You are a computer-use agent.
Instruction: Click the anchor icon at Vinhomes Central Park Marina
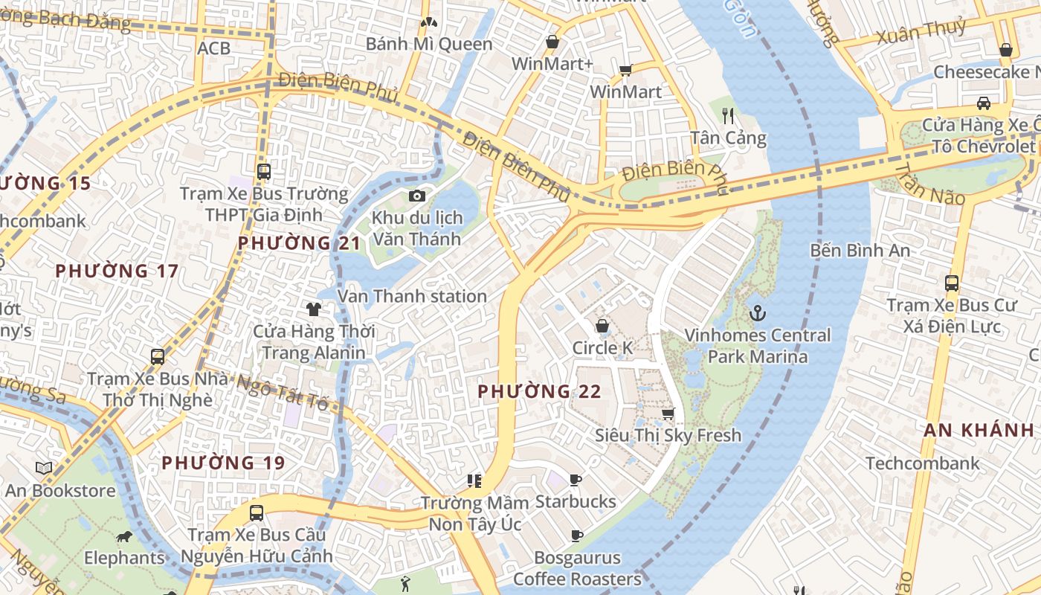coord(758,313)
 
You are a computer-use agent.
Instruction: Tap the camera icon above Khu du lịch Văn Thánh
coord(417,196)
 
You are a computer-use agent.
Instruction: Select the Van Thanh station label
coord(412,296)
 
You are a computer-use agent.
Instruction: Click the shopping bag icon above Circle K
coord(602,326)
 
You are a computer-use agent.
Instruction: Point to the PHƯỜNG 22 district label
coord(539,391)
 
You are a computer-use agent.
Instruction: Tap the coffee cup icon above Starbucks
coord(575,480)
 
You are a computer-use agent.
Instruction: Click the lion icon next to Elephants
coord(123,536)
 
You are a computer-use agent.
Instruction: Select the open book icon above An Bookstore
coord(45,468)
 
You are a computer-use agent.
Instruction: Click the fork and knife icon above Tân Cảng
coord(728,116)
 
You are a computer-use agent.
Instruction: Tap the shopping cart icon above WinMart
coord(625,71)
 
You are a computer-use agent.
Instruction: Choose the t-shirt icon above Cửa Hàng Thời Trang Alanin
coord(313,309)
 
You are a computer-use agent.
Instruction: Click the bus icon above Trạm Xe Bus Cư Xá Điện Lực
coord(951,283)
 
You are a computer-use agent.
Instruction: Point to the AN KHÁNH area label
coord(979,430)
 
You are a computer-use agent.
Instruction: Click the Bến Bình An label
coord(860,251)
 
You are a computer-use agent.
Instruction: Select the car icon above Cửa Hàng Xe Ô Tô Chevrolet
coord(984,103)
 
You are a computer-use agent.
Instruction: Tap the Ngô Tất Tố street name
coord(282,393)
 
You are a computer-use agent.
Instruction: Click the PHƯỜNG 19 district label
coord(223,463)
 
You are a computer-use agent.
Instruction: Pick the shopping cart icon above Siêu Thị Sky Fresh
coord(668,414)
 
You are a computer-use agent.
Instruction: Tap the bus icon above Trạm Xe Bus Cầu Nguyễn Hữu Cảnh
coord(257,512)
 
